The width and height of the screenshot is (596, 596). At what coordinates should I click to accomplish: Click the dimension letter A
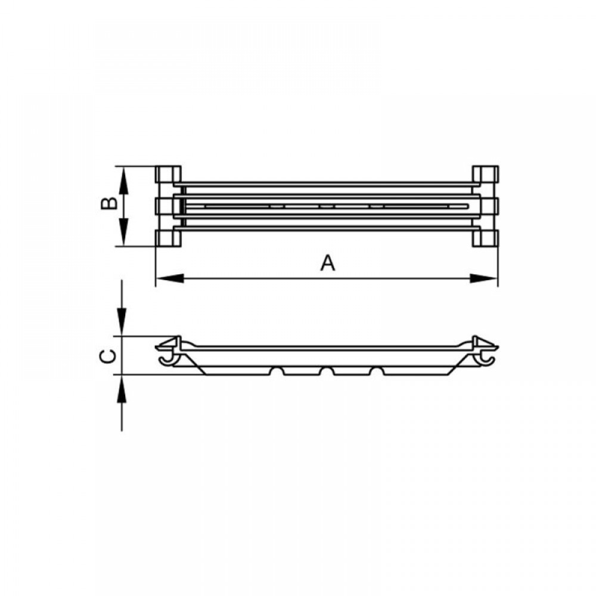pyautogui.click(x=328, y=263)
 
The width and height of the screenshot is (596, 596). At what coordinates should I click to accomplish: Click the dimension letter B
pyautogui.click(x=110, y=203)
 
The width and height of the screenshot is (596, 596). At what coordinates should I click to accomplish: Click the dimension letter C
pyautogui.click(x=108, y=356)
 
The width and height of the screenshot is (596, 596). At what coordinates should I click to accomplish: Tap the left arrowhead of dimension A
pyautogui.click(x=170, y=278)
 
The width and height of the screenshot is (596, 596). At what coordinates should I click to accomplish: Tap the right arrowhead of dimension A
pyautogui.click(x=483, y=278)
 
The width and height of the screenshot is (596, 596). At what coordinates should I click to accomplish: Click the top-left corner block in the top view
pyautogui.click(x=168, y=173)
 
